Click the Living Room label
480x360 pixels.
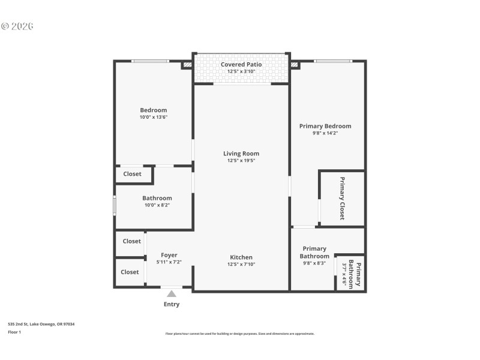241,154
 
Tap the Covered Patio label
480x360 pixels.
241,64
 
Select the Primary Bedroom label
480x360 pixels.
325,126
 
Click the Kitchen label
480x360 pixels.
241,257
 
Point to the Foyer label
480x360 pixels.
169,255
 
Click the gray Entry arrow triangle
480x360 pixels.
172,293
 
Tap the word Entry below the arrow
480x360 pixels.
172,304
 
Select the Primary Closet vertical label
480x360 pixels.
343,199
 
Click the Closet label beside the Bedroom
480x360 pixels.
132,174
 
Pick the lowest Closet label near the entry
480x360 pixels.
130,272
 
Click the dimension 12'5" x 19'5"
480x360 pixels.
241,161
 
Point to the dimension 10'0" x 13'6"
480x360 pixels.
154,117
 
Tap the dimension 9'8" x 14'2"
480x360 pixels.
325,133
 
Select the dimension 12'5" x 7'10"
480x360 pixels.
241,264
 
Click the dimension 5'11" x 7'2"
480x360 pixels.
169,262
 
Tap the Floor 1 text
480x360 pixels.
14,332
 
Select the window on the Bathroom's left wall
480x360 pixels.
115,205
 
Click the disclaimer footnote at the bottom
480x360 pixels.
239,334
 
